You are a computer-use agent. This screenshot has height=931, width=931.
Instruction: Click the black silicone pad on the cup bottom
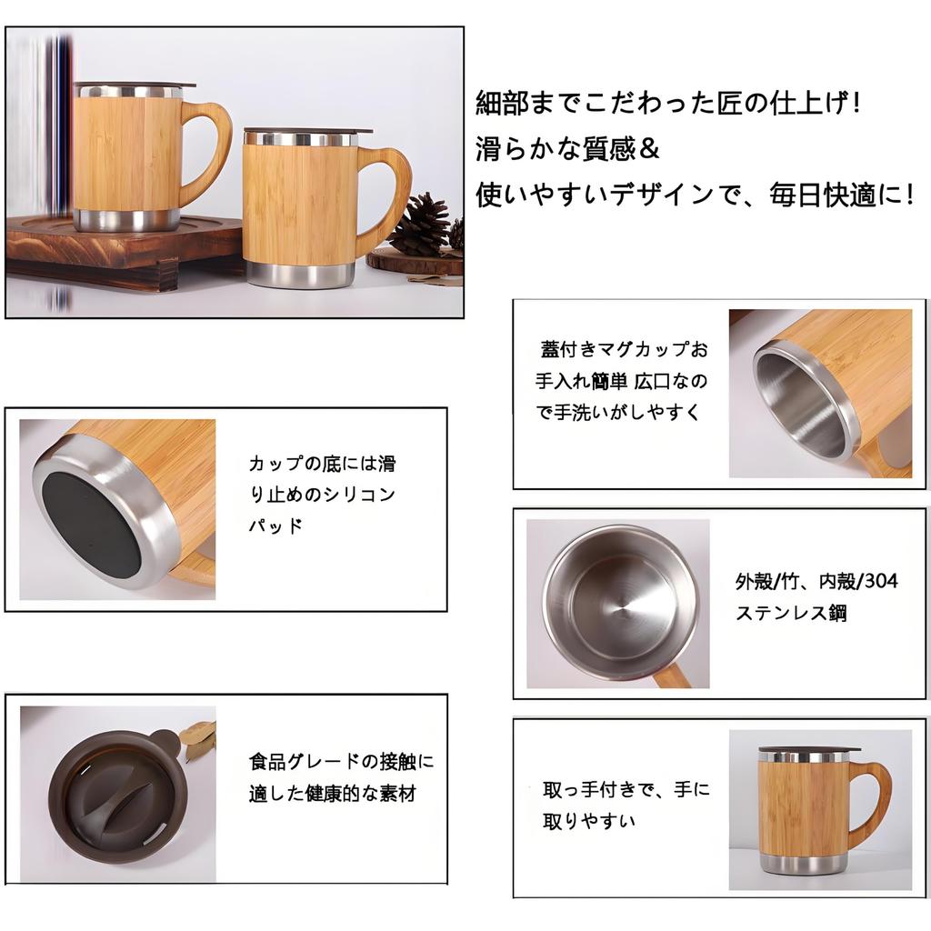coord(91,516)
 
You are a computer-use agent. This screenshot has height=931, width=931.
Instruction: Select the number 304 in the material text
coord(881,581)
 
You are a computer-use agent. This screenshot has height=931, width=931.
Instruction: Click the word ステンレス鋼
coord(791,613)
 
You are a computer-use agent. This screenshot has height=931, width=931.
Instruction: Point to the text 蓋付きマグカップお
coord(624,350)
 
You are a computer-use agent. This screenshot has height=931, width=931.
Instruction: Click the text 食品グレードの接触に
coord(342,761)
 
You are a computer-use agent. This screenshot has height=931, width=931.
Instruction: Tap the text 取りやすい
coord(589,821)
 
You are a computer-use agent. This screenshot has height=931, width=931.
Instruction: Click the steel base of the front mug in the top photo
coord(299,274)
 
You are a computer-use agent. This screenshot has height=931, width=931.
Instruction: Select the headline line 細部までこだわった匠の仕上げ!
coord(667,103)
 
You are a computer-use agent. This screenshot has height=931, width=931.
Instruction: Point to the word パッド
coord(275,526)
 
